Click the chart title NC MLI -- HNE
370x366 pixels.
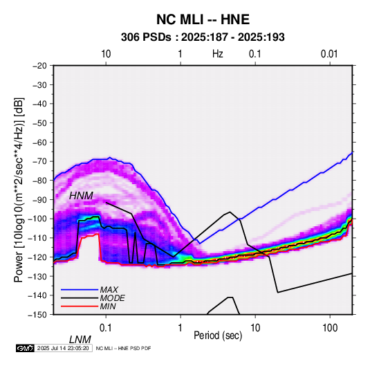[x=203, y=19]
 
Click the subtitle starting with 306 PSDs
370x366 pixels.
[x=203, y=37]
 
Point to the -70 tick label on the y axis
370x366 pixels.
[x=39, y=161]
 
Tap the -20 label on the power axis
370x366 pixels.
[x=39, y=66]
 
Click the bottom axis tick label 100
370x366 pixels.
[x=330, y=328]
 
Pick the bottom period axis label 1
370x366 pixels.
[x=181, y=328]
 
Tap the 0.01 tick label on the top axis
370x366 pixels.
[x=329, y=54]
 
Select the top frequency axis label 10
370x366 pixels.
[x=106, y=54]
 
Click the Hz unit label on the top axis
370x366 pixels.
[x=218, y=54]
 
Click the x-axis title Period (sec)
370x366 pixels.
[x=218, y=336]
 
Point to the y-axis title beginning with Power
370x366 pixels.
[x=19, y=190]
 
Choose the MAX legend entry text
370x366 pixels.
[x=109, y=290]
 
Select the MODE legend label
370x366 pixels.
[x=112, y=298]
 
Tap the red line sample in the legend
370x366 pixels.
[x=80, y=306]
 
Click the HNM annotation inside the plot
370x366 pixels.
[x=81, y=196]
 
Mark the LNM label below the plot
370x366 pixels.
[x=80, y=340]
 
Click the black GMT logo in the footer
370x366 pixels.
[x=26, y=348]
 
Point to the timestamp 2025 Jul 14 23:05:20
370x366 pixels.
[x=63, y=348]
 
